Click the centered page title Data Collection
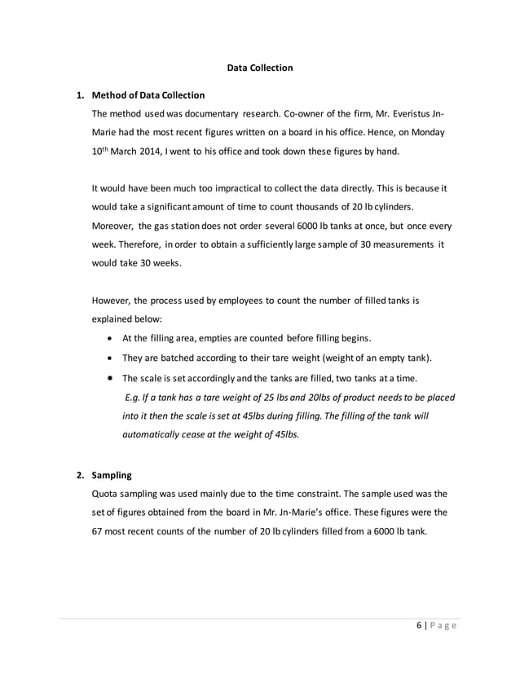(x=259, y=68)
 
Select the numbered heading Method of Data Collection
(x=148, y=95)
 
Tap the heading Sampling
(x=112, y=473)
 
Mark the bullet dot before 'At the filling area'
(x=110, y=338)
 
